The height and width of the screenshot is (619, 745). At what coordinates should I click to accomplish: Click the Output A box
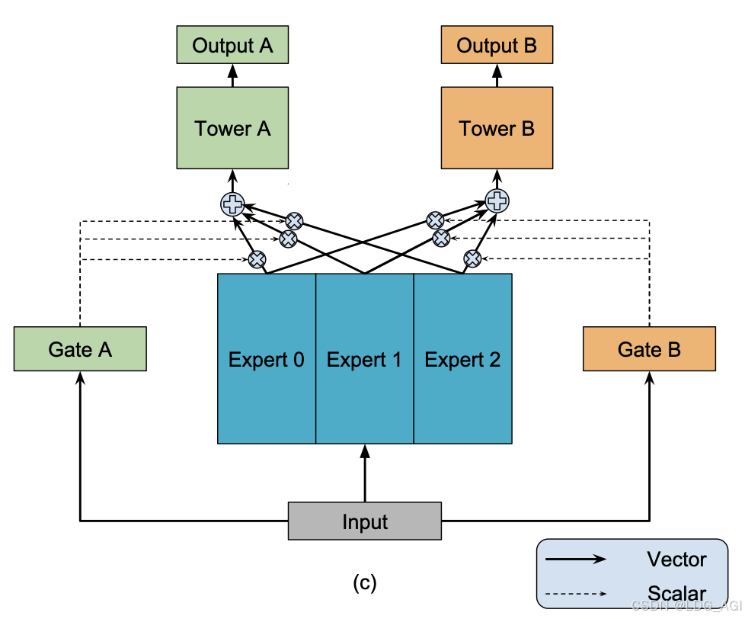pyautogui.click(x=232, y=46)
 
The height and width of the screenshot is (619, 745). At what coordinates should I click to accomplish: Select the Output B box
pyautogui.click(x=497, y=46)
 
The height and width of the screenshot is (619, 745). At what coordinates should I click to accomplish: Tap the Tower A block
pyautogui.click(x=232, y=128)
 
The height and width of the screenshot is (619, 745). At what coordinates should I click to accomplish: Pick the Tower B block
pyautogui.click(x=497, y=128)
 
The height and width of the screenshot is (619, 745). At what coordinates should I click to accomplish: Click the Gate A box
pyautogui.click(x=80, y=349)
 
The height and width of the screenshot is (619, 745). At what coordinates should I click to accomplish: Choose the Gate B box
pyautogui.click(x=649, y=349)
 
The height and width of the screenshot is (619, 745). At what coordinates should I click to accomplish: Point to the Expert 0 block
pyautogui.click(x=267, y=359)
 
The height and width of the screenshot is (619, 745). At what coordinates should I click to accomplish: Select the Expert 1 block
pyautogui.click(x=364, y=359)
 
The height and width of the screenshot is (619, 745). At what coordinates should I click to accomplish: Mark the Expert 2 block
pyautogui.click(x=462, y=359)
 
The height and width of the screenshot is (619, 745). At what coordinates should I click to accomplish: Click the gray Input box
pyautogui.click(x=365, y=521)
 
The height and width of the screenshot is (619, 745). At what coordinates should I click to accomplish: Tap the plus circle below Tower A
pyautogui.click(x=232, y=204)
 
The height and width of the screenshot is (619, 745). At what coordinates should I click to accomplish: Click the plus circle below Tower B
pyautogui.click(x=497, y=201)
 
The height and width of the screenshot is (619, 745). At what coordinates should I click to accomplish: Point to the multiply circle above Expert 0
pyautogui.click(x=257, y=259)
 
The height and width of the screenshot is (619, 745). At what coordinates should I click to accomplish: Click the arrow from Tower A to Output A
pyautogui.click(x=232, y=75)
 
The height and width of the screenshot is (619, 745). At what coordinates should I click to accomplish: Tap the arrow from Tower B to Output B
pyautogui.click(x=497, y=75)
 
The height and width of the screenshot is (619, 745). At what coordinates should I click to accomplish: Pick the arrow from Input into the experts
pyautogui.click(x=365, y=473)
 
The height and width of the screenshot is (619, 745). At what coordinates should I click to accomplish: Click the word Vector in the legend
pyautogui.click(x=676, y=560)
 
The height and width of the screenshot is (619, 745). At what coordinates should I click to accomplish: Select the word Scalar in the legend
pyautogui.click(x=676, y=593)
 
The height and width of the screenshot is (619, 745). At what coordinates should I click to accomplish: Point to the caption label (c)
pyautogui.click(x=365, y=583)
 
